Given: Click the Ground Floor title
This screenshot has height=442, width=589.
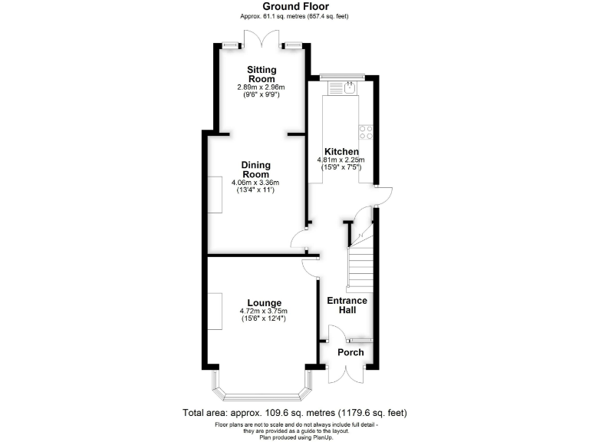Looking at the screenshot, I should [294, 6].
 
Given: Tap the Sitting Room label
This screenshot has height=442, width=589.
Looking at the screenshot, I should [261, 74].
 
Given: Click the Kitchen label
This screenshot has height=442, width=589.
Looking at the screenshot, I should [341, 151].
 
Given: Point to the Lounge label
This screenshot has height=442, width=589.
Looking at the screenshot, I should [263, 302].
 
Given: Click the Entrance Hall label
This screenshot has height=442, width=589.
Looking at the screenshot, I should [347, 305].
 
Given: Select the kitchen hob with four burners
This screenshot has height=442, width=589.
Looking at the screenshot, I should [365, 133].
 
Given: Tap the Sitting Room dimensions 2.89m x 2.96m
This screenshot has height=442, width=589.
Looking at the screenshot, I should [261, 87].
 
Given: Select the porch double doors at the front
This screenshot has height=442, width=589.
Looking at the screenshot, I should [347, 374].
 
